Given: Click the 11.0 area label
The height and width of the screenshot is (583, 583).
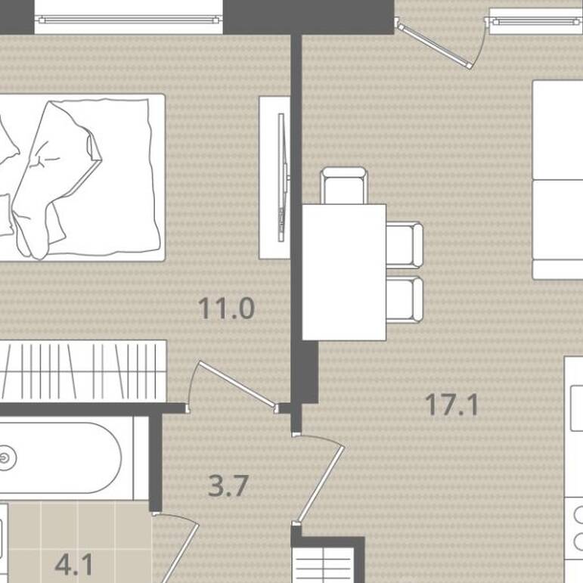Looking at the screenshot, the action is coord(226,309).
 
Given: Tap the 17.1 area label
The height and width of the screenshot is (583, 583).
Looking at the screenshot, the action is coord(451,405).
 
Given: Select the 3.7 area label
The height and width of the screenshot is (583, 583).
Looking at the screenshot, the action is coord(228,485).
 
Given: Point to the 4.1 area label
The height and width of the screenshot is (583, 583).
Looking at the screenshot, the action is coord(73,564).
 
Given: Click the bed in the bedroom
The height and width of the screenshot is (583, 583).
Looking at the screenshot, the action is coord(82,178).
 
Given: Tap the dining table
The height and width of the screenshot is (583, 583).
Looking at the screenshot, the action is coord(344,272).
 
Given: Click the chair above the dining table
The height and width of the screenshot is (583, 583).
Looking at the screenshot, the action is coord(344,185).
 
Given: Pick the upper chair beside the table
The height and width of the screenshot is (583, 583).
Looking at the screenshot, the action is coord(404,245).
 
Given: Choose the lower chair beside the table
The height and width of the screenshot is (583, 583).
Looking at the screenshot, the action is coord(404,299).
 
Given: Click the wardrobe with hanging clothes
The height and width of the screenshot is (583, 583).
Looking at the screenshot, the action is coord(83,371).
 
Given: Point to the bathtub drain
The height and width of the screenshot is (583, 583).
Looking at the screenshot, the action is coord(5,458).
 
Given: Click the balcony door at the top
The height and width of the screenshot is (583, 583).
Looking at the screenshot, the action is coord(433,45).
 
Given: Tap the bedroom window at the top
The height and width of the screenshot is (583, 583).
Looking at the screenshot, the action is coord(129,20).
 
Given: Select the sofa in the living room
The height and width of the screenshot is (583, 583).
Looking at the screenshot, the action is coord(558,179).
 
